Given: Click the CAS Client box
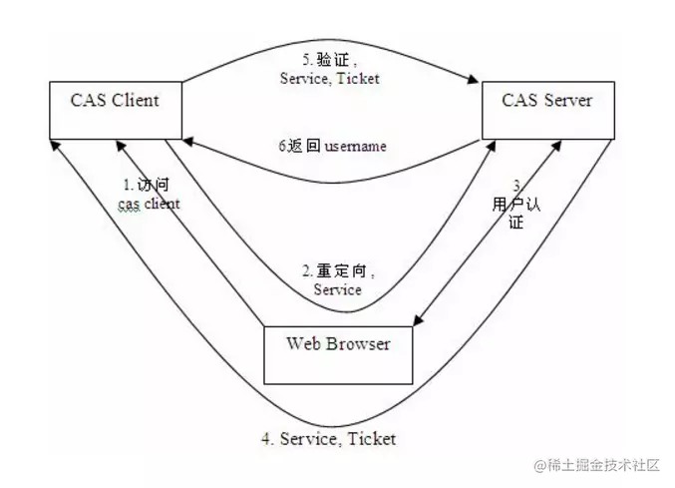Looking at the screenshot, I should point(116,111).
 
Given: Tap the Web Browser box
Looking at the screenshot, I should point(338,354).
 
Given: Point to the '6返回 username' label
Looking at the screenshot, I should point(333,146).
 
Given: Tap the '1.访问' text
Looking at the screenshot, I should point(140,186).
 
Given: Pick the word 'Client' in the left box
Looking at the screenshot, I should point(135,100).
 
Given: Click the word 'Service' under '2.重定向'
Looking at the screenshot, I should point(338,290).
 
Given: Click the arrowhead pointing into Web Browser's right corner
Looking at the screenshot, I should point(419,321).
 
